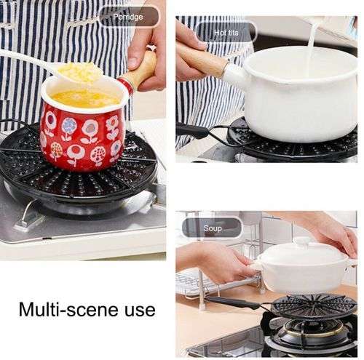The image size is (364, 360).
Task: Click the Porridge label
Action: tap(128, 16)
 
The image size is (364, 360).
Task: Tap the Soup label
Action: tap(212, 228)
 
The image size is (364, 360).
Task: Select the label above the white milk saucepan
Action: tap(225, 32)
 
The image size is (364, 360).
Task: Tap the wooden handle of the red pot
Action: tap(139, 71)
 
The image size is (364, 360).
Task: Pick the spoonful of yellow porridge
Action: tap(81, 71)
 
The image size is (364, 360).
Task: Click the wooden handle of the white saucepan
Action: tap(201, 59)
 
